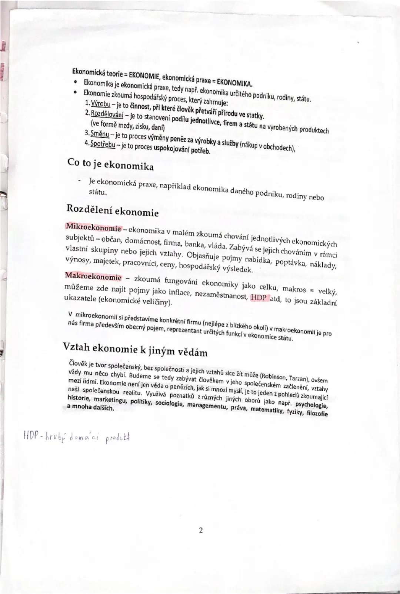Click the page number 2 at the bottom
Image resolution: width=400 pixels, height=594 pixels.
pos(200,530)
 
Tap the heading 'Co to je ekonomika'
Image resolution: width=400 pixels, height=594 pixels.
pos(110,164)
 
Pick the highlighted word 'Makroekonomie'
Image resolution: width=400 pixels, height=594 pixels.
pos(93,277)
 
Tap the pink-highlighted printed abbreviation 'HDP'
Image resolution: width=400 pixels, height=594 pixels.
pos(259,298)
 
